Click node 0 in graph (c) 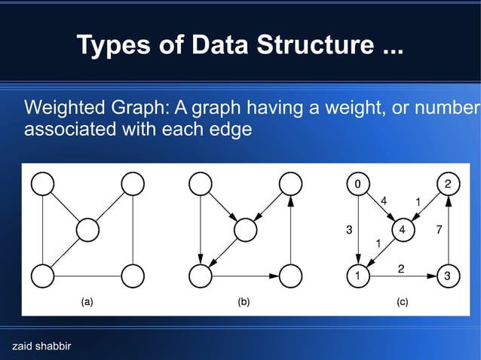[x=357, y=184]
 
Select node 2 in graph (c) [x=448, y=184]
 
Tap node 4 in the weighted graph [x=403, y=230]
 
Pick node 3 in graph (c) [x=448, y=276]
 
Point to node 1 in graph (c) [x=357, y=276]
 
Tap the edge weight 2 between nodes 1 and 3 [x=401, y=268]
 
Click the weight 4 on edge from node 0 [x=384, y=201]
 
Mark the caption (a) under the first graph [x=87, y=302]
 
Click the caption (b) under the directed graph [x=244, y=302]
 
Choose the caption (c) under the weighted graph [x=402, y=302]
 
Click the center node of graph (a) [x=87, y=230]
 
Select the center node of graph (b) [x=245, y=230]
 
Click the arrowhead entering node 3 [x=432, y=276]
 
